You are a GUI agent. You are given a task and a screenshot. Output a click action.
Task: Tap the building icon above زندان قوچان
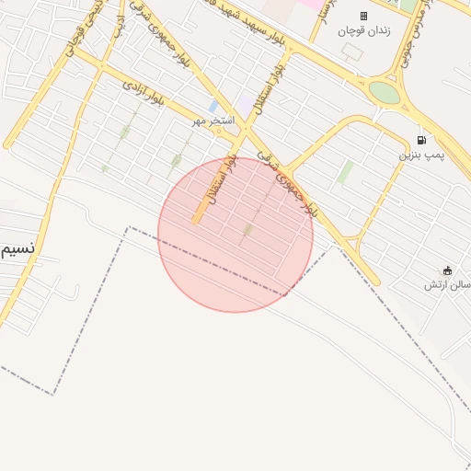pos(362,16)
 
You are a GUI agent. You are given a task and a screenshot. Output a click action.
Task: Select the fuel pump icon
pos(421,141)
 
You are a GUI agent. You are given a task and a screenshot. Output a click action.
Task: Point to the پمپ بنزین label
pos(420,155)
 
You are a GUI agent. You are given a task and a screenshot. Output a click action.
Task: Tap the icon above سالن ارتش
pos(448,270)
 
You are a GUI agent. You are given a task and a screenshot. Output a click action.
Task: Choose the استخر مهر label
pos(213,121)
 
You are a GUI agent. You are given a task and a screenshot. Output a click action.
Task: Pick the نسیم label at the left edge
pos(18,249)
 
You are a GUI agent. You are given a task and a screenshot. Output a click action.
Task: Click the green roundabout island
pos(385,93)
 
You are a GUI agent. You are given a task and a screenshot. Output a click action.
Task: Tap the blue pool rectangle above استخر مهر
pos(213,107)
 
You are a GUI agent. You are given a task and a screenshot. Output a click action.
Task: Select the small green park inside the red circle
pos(247,229)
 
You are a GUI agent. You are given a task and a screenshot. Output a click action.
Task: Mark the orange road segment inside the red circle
pos(199,214)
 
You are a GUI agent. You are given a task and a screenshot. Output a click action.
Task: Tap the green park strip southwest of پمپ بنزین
pos(345,172)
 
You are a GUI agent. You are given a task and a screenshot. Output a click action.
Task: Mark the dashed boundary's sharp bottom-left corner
pos(52,394)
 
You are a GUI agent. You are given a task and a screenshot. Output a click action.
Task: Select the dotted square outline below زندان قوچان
pos(352,52)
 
